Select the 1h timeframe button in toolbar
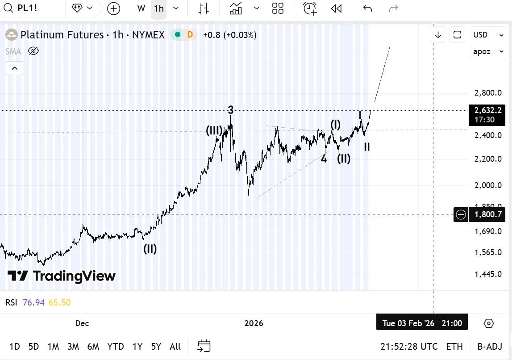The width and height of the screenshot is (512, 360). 158,8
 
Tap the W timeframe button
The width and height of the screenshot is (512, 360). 141,8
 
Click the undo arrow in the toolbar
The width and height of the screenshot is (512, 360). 367,8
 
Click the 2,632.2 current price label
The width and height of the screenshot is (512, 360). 488,110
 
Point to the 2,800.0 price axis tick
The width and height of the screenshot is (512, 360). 488,93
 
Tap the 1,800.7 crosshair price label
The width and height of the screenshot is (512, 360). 488,215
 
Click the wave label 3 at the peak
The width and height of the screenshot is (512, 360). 230,109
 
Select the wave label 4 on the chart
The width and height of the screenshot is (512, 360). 324,159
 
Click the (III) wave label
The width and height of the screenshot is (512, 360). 214,130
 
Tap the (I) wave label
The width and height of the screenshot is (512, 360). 336,125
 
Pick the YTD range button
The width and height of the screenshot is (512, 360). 116,346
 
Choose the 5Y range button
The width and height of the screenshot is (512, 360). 156,346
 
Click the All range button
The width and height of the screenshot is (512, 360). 175,346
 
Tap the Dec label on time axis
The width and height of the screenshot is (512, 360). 82,323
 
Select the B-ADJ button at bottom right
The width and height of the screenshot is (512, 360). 490,346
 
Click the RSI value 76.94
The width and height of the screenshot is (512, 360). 33,302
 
